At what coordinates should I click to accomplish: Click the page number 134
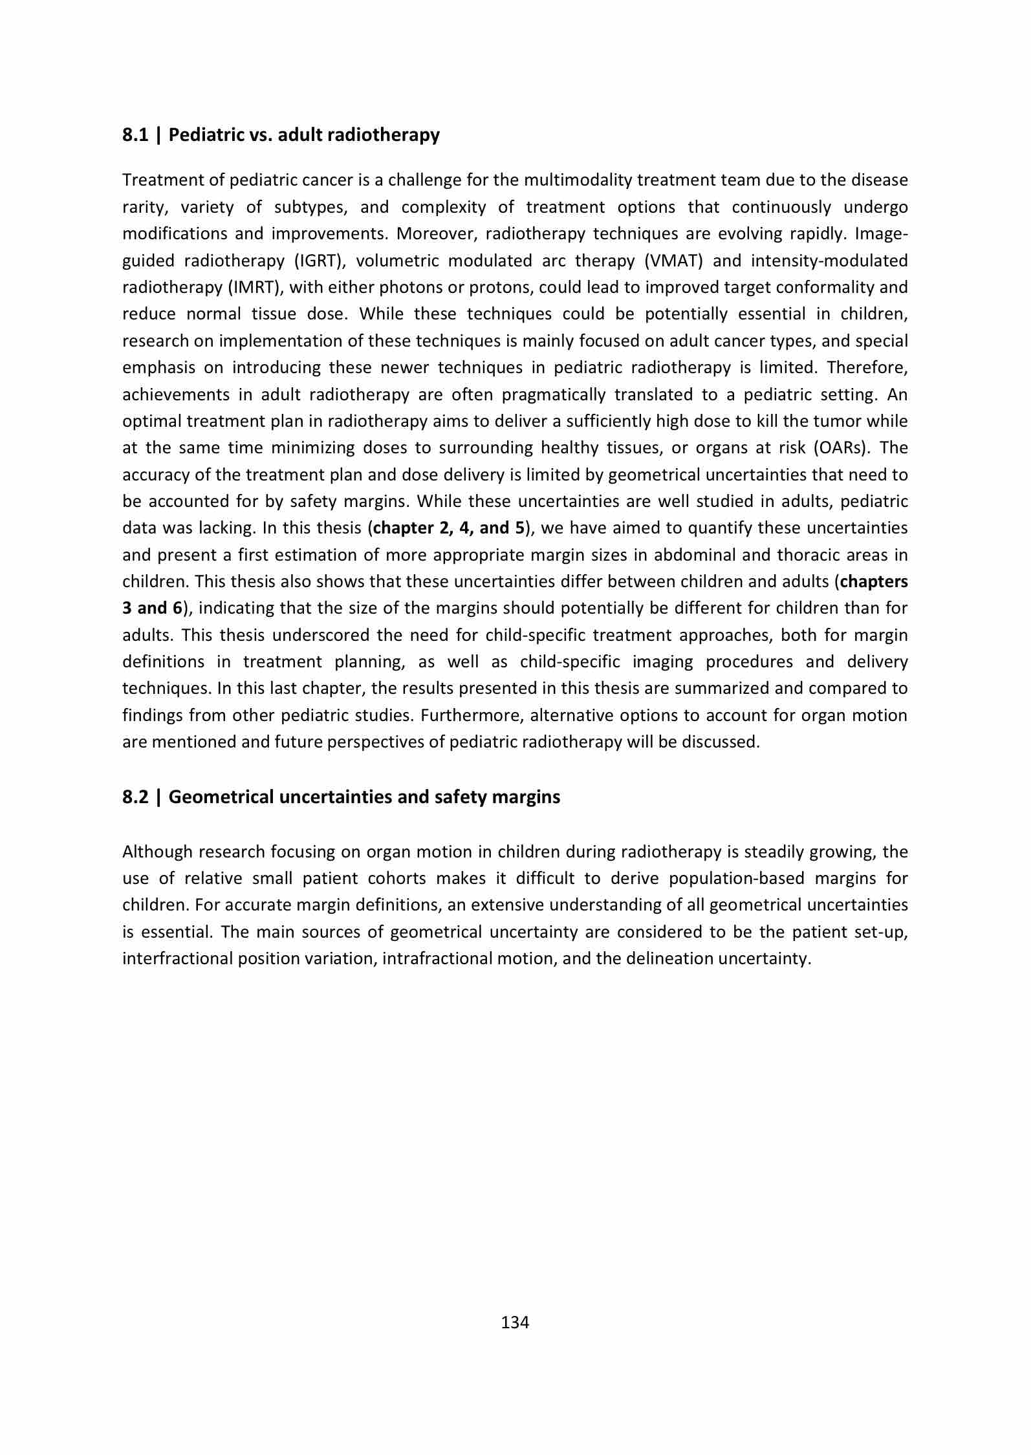click(515, 1322)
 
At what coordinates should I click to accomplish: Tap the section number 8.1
click(135, 135)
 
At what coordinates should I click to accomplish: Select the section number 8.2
click(135, 797)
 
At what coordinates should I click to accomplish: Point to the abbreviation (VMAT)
click(673, 261)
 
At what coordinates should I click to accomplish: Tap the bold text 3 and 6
click(153, 608)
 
